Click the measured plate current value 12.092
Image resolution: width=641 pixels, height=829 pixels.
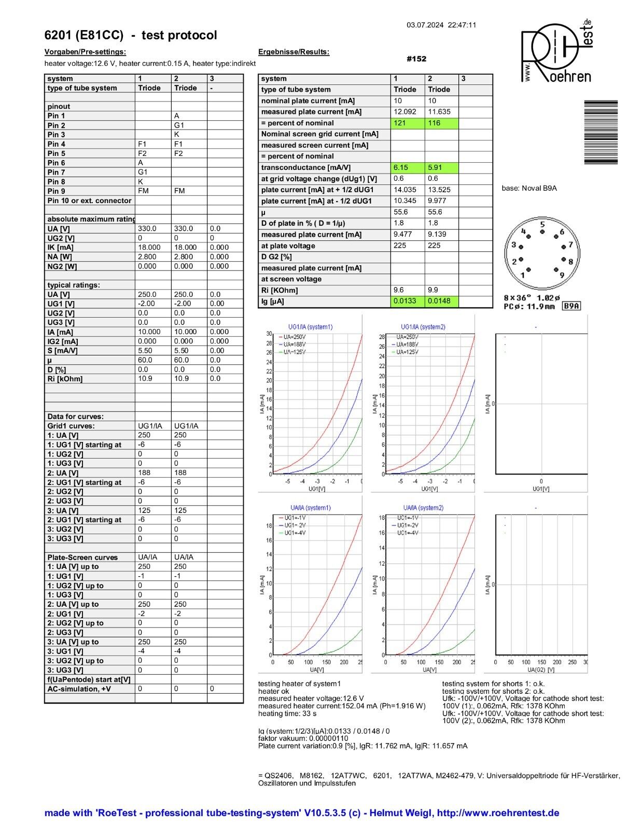(404, 112)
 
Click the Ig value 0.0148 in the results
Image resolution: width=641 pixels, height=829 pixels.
(439, 301)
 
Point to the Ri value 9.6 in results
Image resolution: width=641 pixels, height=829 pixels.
(399, 290)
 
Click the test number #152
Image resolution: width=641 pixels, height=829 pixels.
(416, 59)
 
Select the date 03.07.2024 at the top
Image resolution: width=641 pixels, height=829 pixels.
(425, 25)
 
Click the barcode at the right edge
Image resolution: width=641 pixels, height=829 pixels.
(601, 132)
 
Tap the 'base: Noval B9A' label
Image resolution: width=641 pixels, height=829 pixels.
(529, 189)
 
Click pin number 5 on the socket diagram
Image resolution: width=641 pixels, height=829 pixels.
(542, 225)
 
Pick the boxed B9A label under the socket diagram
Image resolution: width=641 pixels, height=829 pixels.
(572, 306)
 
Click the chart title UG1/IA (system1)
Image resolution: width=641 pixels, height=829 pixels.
(310, 327)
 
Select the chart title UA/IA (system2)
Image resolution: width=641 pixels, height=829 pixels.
(423, 508)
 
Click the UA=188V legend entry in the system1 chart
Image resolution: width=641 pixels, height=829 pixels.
(293, 345)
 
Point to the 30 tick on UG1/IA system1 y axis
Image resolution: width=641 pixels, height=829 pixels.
(269, 334)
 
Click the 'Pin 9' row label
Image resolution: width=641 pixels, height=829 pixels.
(57, 191)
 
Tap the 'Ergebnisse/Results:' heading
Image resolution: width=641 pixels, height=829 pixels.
(294, 52)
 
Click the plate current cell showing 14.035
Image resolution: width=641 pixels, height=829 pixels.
(405, 190)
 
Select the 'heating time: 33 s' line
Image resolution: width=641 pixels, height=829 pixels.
(287, 713)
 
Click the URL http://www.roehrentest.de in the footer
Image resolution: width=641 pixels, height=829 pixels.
(498, 813)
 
